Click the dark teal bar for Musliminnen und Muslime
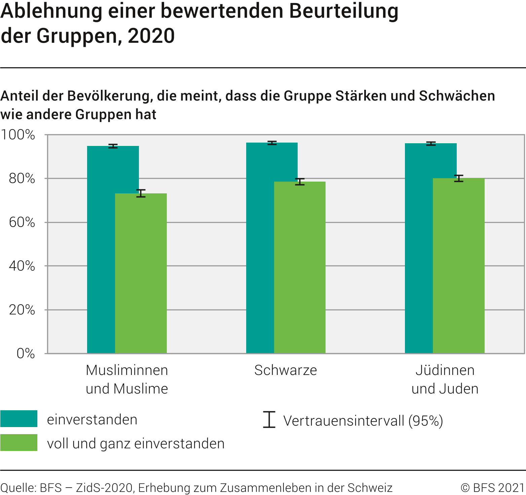point(101,249)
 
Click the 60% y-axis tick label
point(22,222)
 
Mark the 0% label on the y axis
point(26,353)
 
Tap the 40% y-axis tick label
point(22,266)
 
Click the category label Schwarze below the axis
point(286,370)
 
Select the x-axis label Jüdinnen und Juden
point(445,379)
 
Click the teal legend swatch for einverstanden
point(19,419)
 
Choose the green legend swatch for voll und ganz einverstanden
point(19,443)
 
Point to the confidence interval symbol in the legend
point(269,419)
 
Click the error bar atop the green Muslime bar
point(141,193)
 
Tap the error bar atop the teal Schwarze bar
point(272,143)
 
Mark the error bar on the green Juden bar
point(458,179)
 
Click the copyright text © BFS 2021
point(493,488)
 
